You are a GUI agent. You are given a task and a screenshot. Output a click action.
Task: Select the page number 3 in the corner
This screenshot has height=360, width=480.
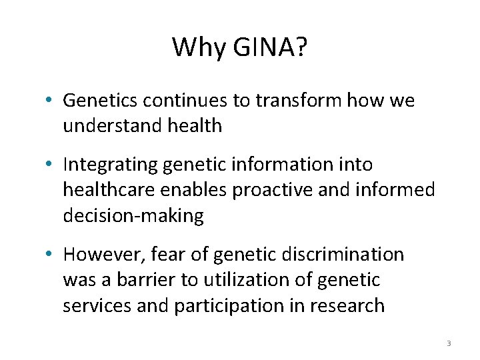coord(449,343)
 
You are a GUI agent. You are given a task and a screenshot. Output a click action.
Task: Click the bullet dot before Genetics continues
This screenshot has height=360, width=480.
coord(51,101)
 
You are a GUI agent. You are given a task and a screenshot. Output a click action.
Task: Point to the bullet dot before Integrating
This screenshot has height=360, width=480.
coord(51,165)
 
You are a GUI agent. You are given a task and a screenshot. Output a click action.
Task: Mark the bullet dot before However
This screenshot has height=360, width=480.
coord(51,255)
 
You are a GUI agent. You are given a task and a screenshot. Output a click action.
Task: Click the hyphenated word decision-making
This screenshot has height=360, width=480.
coord(133,215)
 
